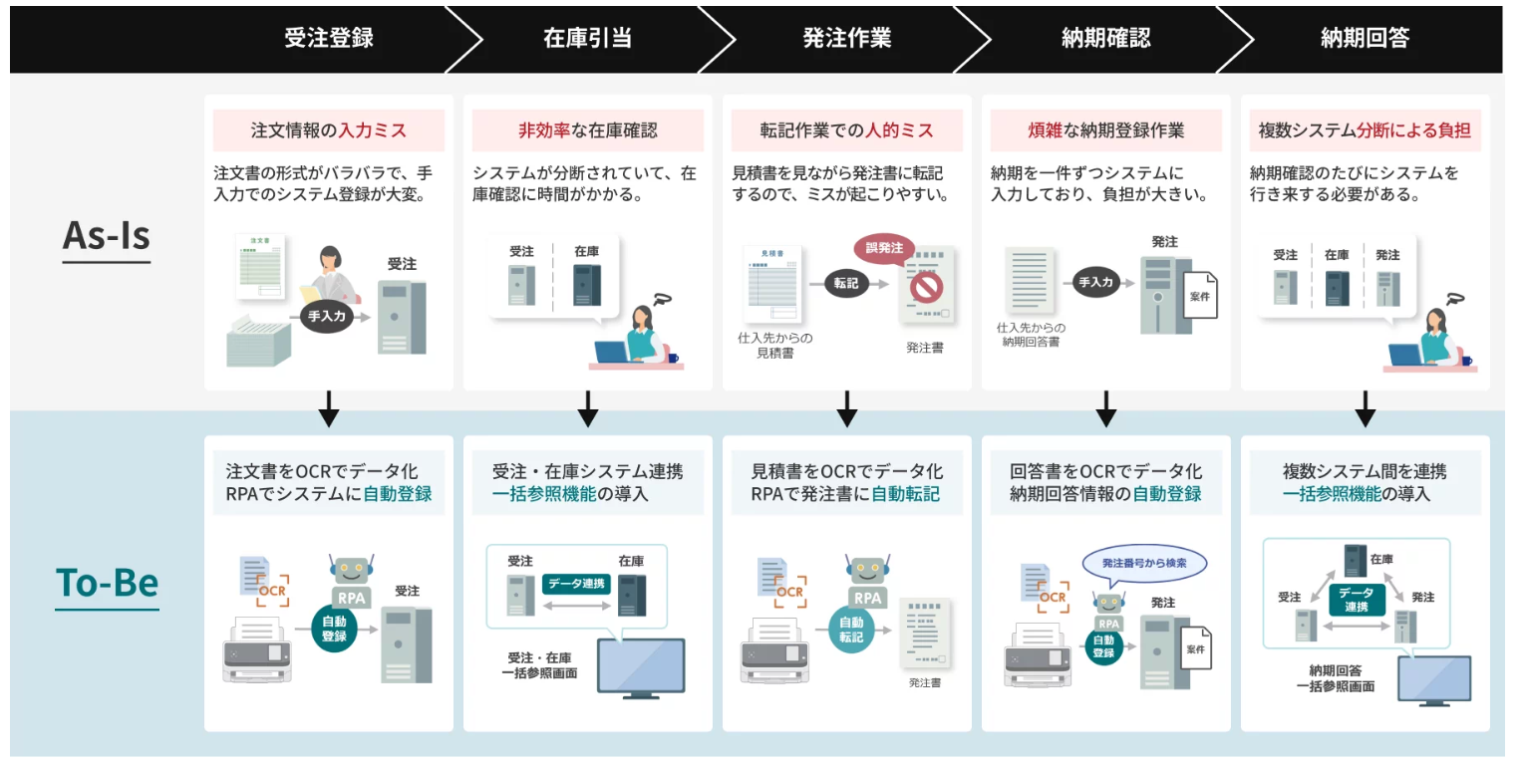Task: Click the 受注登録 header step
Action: tap(329, 39)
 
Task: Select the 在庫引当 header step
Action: tap(587, 39)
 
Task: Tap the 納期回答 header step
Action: tap(1365, 39)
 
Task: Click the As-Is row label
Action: tap(107, 236)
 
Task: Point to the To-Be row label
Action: tap(107, 583)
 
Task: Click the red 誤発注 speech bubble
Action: tap(883, 248)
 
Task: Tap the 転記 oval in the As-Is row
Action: tap(846, 283)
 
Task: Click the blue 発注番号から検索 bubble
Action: tap(1143, 563)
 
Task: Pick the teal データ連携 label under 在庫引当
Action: tap(577, 584)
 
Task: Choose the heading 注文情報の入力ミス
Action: tap(329, 130)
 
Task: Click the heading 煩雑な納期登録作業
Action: tap(1106, 130)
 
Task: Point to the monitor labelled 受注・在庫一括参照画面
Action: tap(641, 665)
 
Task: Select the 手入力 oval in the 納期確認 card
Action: tap(1095, 283)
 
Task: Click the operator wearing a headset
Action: tap(333, 275)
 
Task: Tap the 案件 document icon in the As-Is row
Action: tap(1197, 296)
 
